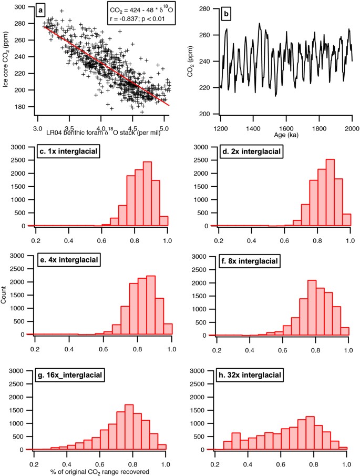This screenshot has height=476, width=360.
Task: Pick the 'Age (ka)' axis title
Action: pos(284,134)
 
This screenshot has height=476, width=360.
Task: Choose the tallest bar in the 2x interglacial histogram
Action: pos(330,193)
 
